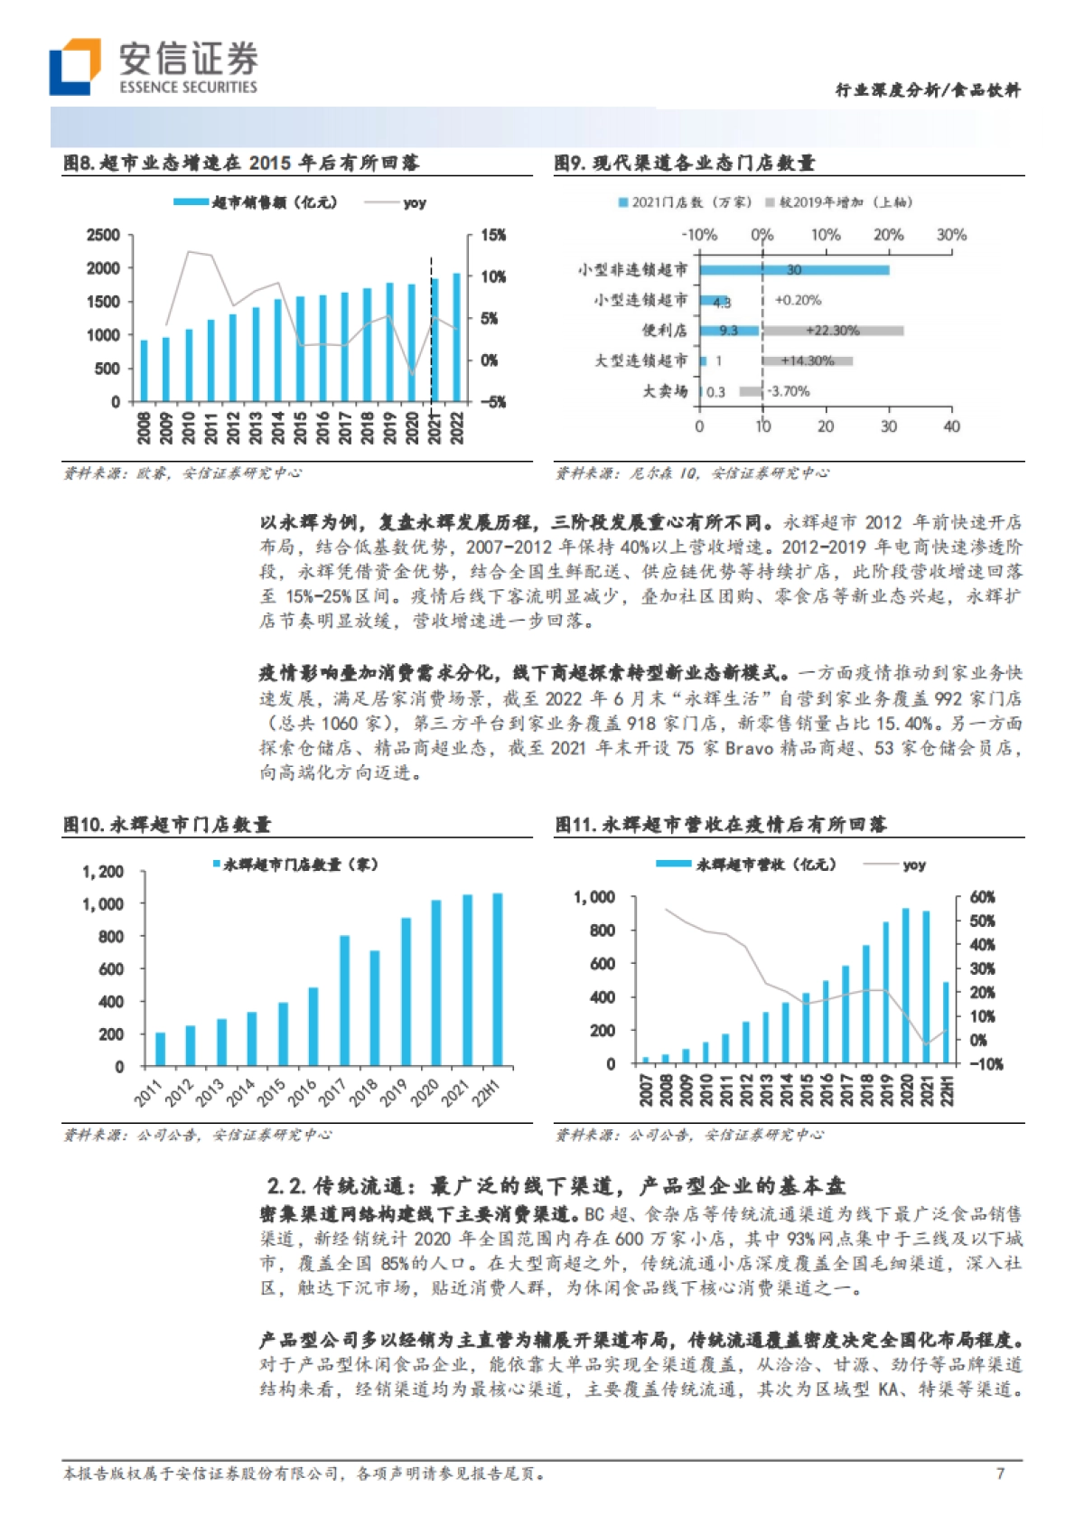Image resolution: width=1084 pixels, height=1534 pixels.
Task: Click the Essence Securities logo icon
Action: pyautogui.click(x=74, y=68)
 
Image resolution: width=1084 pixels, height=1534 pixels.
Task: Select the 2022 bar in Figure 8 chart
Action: pyautogui.click(x=456, y=338)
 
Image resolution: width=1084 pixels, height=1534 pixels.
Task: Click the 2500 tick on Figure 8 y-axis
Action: pyautogui.click(x=103, y=235)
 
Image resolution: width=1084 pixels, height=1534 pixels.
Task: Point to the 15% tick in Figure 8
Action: pyautogui.click(x=493, y=235)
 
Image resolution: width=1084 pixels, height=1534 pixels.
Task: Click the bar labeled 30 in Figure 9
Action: pyautogui.click(x=793, y=270)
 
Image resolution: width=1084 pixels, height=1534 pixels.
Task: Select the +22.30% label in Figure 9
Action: pyautogui.click(x=831, y=331)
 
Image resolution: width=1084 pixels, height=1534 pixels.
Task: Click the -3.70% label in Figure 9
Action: pyautogui.click(x=789, y=391)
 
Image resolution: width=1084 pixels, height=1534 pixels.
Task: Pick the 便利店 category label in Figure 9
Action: pyautogui.click(x=664, y=331)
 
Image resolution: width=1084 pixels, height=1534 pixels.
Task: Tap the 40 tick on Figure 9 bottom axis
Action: pyautogui.click(x=951, y=426)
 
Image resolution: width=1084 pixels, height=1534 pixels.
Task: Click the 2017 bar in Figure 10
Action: pyautogui.click(x=344, y=1001)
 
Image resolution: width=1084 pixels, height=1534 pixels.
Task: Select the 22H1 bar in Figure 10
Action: pyautogui.click(x=497, y=979)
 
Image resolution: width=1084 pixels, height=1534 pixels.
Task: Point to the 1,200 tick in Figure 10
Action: pyautogui.click(x=103, y=872)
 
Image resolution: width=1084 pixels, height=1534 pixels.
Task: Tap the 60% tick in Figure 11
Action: pyautogui.click(x=982, y=897)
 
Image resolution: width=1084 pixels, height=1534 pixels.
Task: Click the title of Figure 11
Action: pyautogui.click(x=720, y=824)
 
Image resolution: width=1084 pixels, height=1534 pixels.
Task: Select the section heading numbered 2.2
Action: pyautogui.click(x=556, y=1186)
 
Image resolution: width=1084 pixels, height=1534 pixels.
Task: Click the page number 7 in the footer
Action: pyautogui.click(x=1000, y=1473)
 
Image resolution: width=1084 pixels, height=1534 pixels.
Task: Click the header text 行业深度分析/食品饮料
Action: pyautogui.click(x=928, y=90)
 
